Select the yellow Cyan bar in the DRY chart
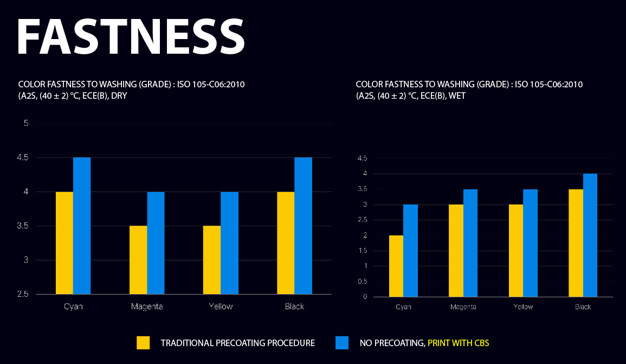[64, 242]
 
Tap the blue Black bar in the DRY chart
[304, 226]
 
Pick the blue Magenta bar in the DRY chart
[156, 242]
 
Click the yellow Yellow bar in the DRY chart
[212, 260]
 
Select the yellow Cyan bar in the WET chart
[396, 266]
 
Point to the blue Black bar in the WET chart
[590, 235]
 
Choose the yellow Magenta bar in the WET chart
[456, 251]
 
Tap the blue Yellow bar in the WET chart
[530, 243]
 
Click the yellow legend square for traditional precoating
[143, 343]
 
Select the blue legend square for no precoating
[342, 343]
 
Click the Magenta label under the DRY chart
[147, 306]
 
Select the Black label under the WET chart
[583, 307]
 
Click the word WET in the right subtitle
[456, 95]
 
